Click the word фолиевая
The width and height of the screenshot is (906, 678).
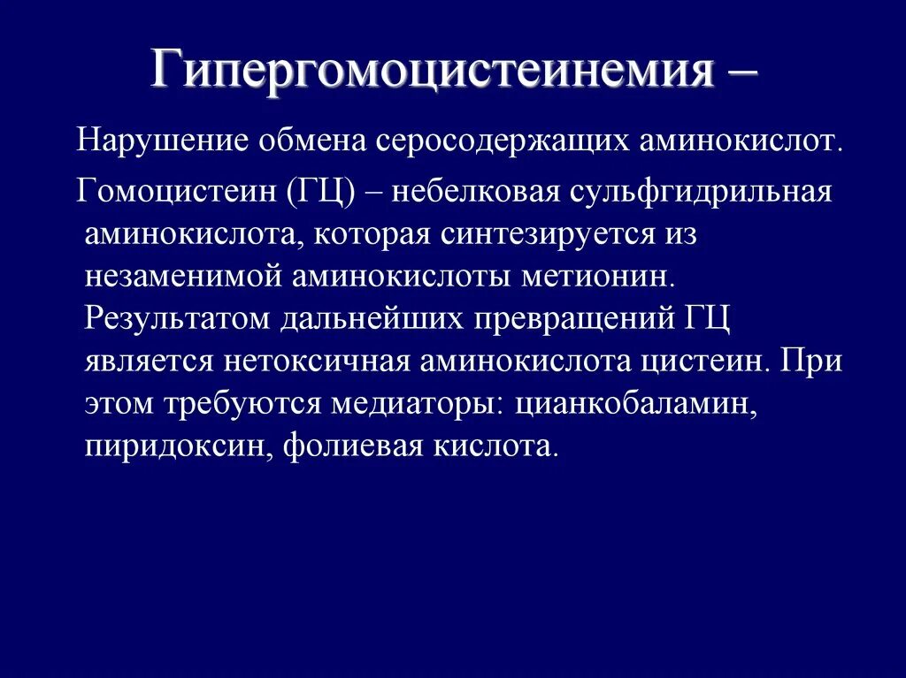pyautogui.click(x=354, y=446)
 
